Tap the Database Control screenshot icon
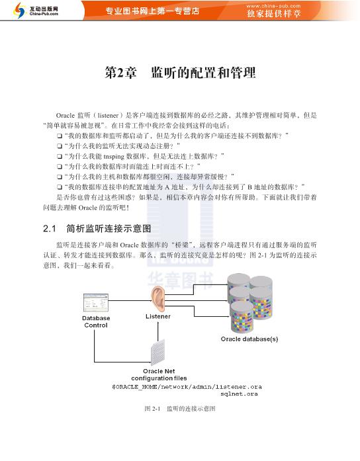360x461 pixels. [95, 303]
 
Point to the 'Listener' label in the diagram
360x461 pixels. [157, 316]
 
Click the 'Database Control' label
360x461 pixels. [96, 321]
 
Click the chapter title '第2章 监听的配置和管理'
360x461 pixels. [180, 73]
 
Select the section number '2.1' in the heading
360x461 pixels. [49, 229]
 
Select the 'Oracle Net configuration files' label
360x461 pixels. [163, 374]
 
